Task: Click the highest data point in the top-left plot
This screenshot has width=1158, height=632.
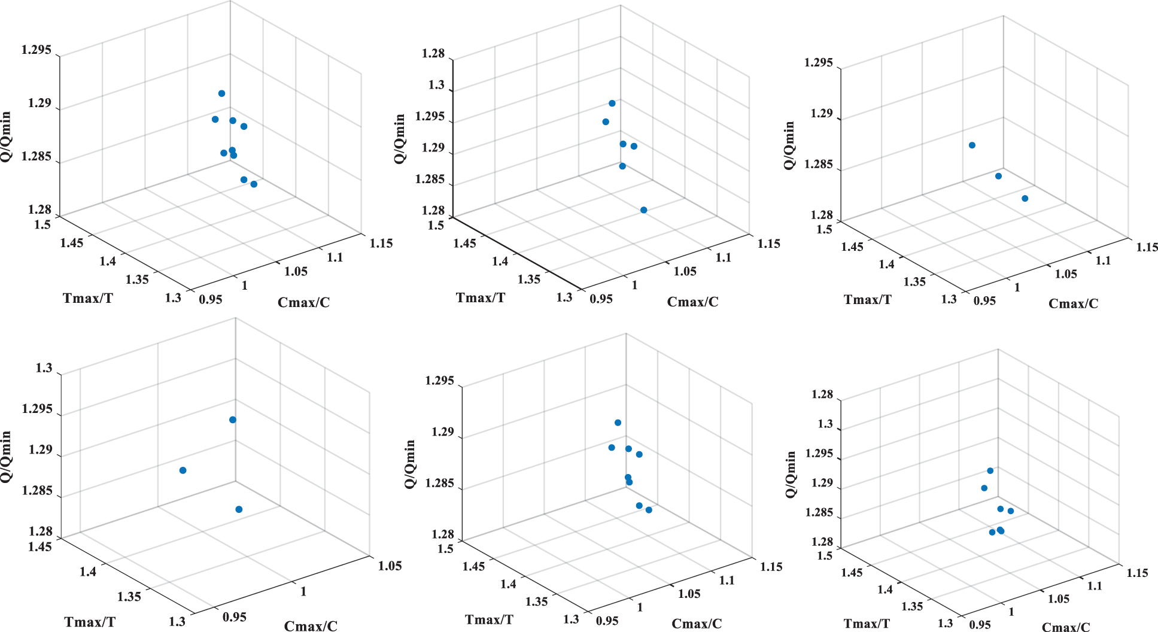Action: [221, 93]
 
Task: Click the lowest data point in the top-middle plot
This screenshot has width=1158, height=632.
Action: [643, 210]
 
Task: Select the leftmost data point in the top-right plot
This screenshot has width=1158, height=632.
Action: [972, 145]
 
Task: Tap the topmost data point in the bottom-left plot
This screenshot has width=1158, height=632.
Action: [233, 420]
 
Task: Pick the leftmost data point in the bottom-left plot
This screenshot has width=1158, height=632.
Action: [183, 470]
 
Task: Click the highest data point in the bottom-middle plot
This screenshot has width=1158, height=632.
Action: [618, 423]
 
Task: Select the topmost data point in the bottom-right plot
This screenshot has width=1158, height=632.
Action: [990, 471]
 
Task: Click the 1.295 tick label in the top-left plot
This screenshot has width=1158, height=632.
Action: [36, 50]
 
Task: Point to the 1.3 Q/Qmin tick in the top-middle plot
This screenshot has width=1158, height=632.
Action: [436, 85]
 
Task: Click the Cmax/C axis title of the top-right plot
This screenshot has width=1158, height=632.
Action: [1073, 303]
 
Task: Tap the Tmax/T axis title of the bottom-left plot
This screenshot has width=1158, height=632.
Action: [90, 622]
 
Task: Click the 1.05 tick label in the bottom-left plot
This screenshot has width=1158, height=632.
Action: [390, 566]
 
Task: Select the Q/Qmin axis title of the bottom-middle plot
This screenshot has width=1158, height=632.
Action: [410, 464]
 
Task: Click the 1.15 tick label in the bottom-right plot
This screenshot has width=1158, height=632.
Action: [1137, 573]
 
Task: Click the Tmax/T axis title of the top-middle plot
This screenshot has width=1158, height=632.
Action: [480, 297]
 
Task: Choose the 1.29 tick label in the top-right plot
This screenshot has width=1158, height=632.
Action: [821, 113]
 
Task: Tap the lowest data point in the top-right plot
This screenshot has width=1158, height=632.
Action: [1025, 198]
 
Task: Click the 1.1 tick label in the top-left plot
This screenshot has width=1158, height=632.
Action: [335, 257]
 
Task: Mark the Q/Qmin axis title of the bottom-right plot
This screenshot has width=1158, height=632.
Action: [791, 474]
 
